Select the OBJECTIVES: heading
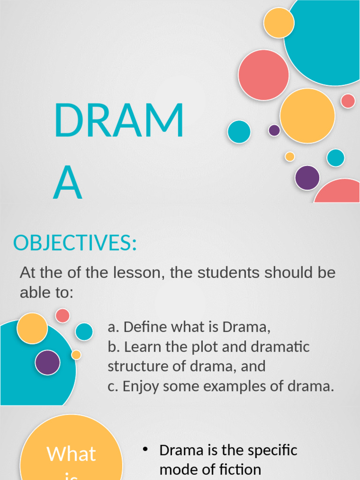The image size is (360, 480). click(x=75, y=243)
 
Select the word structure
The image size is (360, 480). click(x=135, y=366)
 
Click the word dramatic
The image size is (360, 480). click(x=280, y=347)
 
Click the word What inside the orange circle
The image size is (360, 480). click(x=71, y=454)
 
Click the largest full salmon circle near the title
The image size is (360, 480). click(x=263, y=75)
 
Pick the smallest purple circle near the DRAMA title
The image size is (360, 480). click(x=274, y=130)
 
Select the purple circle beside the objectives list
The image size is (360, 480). click(x=47, y=362)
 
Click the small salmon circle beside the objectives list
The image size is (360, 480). click(x=62, y=315)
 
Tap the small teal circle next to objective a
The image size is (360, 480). click(x=84, y=331)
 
